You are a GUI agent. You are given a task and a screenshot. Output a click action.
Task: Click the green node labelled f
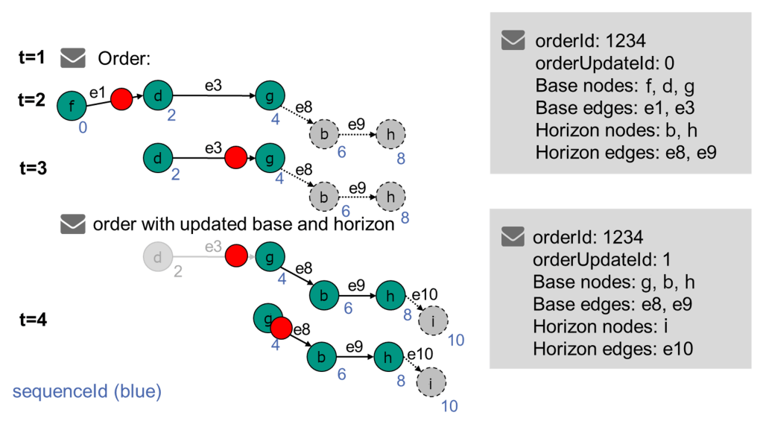[72, 106]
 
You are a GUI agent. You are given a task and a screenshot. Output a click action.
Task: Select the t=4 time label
[32, 320]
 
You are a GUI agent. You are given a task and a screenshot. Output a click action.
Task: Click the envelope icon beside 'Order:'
[73, 58]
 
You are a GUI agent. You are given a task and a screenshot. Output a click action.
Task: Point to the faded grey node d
[157, 258]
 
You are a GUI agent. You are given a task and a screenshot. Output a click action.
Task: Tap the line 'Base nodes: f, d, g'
[615, 84]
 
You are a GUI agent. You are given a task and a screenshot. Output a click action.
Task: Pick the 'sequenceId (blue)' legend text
[86, 390]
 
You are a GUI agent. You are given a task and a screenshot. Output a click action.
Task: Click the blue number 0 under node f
[83, 127]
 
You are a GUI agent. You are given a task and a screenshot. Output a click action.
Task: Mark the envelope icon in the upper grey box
[513, 40]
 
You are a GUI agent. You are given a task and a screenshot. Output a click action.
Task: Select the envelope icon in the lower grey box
[513, 238]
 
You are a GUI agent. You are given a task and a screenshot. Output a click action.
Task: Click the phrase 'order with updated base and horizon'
[243, 224]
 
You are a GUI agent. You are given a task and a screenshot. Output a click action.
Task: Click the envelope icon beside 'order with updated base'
[73, 224]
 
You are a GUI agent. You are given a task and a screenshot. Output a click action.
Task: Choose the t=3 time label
[32, 168]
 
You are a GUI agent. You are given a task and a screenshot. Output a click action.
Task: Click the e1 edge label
[98, 92]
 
